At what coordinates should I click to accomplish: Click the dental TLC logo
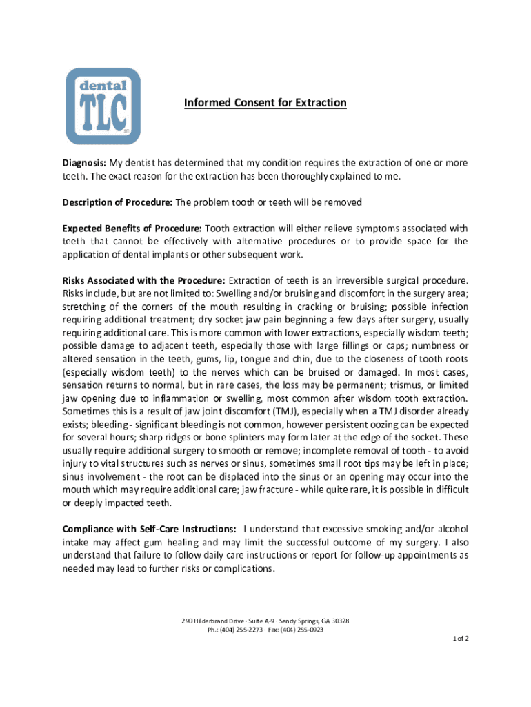pyautogui.click(x=103, y=106)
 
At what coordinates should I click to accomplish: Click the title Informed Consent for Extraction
pyautogui.click(x=265, y=104)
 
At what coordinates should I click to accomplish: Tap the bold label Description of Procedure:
pyautogui.click(x=117, y=202)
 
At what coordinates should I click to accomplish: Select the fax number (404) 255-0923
pyautogui.click(x=307, y=630)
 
